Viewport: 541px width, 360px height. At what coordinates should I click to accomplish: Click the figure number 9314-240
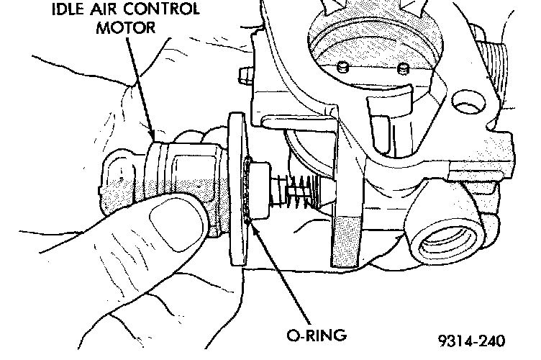(x=469, y=340)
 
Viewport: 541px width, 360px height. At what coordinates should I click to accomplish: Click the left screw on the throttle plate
(x=344, y=67)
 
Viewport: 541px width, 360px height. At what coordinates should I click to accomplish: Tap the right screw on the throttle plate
(x=404, y=69)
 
